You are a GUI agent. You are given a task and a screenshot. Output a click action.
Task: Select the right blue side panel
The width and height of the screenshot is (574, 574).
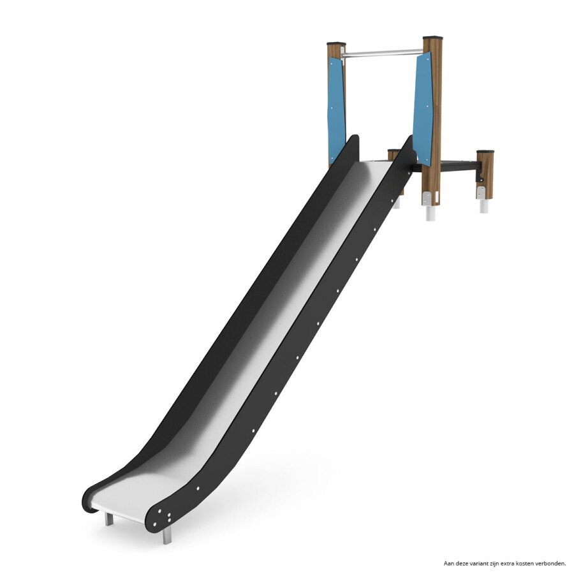423,109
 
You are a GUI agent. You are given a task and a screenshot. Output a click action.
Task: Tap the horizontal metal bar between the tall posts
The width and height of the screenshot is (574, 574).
381,54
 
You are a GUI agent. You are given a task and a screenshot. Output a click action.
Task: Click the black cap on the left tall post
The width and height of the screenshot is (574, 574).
336,43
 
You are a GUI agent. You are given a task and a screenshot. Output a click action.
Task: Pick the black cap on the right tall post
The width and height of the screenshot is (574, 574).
432,38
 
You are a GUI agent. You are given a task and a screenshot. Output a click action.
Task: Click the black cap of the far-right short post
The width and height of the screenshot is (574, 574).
485,151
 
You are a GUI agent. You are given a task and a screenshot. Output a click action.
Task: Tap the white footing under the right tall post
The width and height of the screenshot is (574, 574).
431,213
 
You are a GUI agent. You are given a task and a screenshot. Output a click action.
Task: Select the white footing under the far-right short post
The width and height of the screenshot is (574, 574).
484,206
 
